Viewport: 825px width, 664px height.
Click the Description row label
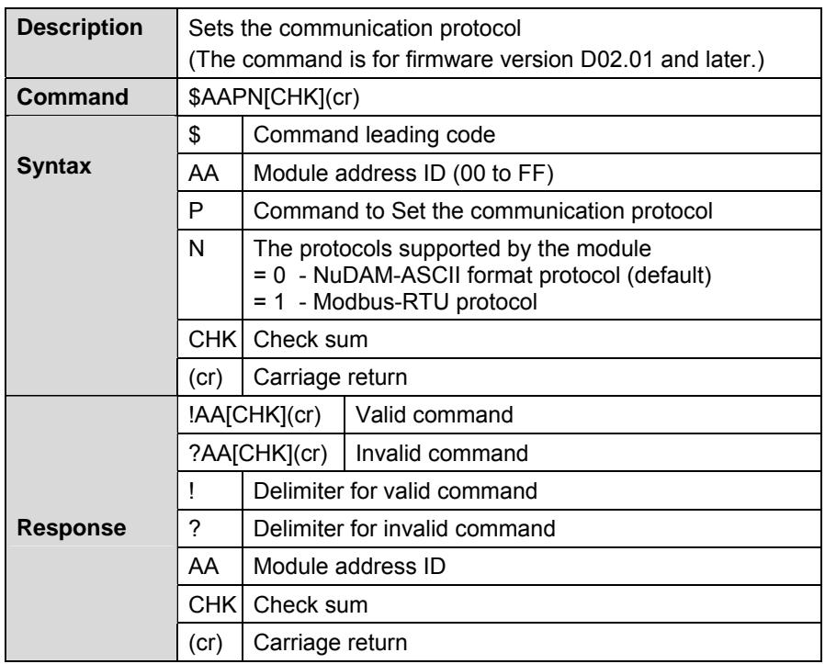[79, 28]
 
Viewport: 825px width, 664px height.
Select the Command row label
[73, 96]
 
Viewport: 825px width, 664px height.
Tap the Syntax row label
[53, 166]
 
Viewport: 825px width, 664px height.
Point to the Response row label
[71, 528]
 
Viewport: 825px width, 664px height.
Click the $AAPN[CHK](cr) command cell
[274, 97]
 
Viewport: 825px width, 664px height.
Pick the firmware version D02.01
[616, 60]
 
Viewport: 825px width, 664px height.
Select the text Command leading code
[374, 135]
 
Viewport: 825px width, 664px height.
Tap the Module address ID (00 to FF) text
[403, 173]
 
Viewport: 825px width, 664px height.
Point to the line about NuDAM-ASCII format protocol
[482, 276]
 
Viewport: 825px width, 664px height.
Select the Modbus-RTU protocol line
[395, 302]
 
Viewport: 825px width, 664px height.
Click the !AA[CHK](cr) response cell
[254, 415]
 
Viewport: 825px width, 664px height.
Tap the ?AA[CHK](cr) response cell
[258, 453]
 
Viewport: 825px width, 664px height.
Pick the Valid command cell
[434, 414]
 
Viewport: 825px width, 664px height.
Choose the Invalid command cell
[442, 453]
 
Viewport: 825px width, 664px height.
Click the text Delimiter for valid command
[395, 491]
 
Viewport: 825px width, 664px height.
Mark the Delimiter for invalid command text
[404, 529]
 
